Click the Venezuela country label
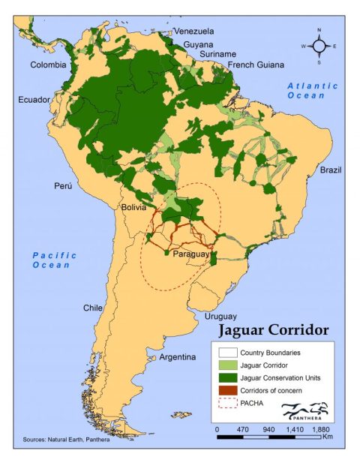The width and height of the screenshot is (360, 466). [x=193, y=31]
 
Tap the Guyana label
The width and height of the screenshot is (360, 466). [x=198, y=44]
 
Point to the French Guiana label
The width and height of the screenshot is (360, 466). [x=253, y=65]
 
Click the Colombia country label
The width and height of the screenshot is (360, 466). [x=48, y=65]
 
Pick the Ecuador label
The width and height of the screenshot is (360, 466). [x=34, y=99]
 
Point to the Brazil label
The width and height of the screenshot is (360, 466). [x=330, y=170]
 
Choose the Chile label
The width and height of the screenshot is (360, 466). [x=93, y=308]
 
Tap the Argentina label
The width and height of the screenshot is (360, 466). [x=178, y=357]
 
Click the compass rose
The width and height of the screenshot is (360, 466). [x=319, y=46]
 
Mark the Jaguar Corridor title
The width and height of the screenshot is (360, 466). [x=273, y=330]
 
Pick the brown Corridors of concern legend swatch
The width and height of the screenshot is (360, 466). [x=225, y=391]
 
